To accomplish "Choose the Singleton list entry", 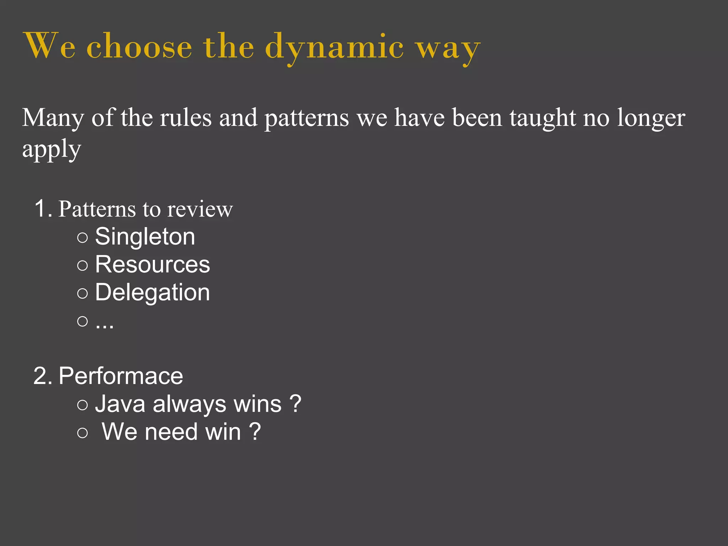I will (x=145, y=237).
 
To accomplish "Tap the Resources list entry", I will (x=152, y=264).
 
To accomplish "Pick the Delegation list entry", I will (x=152, y=293).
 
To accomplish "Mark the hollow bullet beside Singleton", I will (x=82, y=237).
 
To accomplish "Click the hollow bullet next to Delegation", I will (x=82, y=293).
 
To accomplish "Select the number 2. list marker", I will (x=43, y=376).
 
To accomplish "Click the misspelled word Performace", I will (x=121, y=376).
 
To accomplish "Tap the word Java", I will (x=120, y=404).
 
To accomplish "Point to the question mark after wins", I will (x=295, y=404).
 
